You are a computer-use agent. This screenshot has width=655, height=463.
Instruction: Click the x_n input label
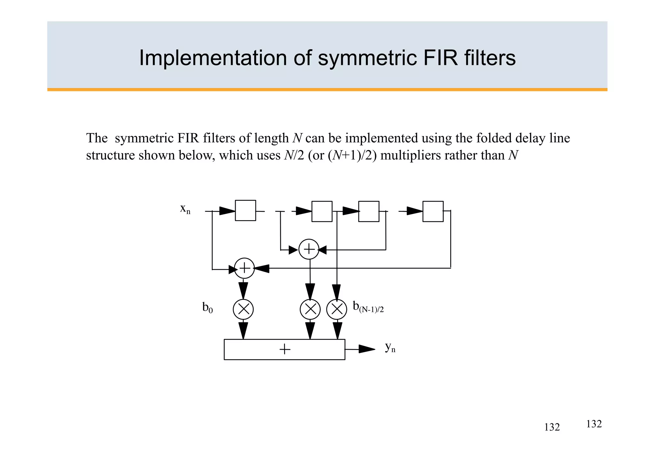pyautogui.click(x=185, y=209)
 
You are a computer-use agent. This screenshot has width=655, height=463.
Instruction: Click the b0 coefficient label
pyautogui.click(x=207, y=308)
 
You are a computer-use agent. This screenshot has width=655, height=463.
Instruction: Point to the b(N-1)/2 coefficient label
pyautogui.click(x=368, y=307)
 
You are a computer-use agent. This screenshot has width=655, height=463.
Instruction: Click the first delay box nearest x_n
pyautogui.click(x=245, y=211)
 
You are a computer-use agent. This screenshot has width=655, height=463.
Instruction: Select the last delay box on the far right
pyautogui.click(x=433, y=212)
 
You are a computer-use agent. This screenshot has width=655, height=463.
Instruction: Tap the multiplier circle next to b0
pyautogui.click(x=243, y=309)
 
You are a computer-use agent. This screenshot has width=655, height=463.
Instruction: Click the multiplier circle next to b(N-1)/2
pyautogui.click(x=336, y=309)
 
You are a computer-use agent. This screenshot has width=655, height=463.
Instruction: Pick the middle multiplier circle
pyautogui.click(x=310, y=309)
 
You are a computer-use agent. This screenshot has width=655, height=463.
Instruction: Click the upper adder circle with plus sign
pyautogui.click(x=309, y=249)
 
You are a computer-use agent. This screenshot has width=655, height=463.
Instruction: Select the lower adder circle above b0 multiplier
pyautogui.click(x=244, y=268)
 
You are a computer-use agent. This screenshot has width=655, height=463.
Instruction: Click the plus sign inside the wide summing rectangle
pyautogui.click(x=285, y=349)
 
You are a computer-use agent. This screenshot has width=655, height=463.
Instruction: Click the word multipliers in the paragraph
pyautogui.click(x=406, y=156)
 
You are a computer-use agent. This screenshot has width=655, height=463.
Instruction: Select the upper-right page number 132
pyautogui.click(x=594, y=424)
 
